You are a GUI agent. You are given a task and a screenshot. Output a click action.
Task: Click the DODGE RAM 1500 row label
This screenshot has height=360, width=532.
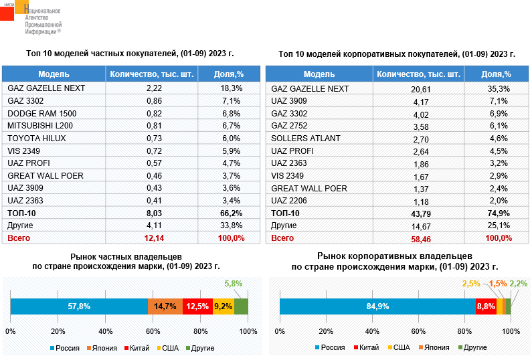tap(37, 113)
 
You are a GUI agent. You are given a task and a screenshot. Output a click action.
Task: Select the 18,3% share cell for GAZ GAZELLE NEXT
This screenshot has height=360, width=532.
tap(231, 88)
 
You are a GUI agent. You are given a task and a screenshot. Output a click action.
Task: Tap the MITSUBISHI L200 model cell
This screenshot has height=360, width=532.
tap(35, 126)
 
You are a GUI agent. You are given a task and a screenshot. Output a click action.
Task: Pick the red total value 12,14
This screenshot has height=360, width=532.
tap(154, 238)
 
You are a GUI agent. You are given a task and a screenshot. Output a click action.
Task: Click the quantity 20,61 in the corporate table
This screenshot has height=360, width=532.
tap(420, 88)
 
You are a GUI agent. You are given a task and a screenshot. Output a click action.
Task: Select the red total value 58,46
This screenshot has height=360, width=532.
tap(420, 238)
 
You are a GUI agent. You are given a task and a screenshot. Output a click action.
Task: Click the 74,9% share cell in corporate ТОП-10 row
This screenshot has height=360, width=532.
tap(497, 213)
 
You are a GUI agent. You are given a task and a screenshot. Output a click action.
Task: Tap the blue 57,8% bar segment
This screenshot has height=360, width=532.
tap(79, 306)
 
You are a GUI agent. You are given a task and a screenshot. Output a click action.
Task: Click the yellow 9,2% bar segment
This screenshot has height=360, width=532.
tap(223, 306)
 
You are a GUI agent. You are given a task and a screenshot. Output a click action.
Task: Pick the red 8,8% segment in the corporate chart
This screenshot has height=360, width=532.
tap(485, 306)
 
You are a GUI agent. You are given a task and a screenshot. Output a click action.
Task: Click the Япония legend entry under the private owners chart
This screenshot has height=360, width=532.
tap(102, 348)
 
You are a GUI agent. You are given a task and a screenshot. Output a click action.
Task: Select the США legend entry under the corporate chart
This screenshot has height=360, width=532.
tap(398, 348)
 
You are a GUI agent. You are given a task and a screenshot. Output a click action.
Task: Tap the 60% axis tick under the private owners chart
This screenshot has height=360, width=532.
tap(153, 331)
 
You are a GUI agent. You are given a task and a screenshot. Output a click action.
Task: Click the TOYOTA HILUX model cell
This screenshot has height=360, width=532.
tap(32, 139)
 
